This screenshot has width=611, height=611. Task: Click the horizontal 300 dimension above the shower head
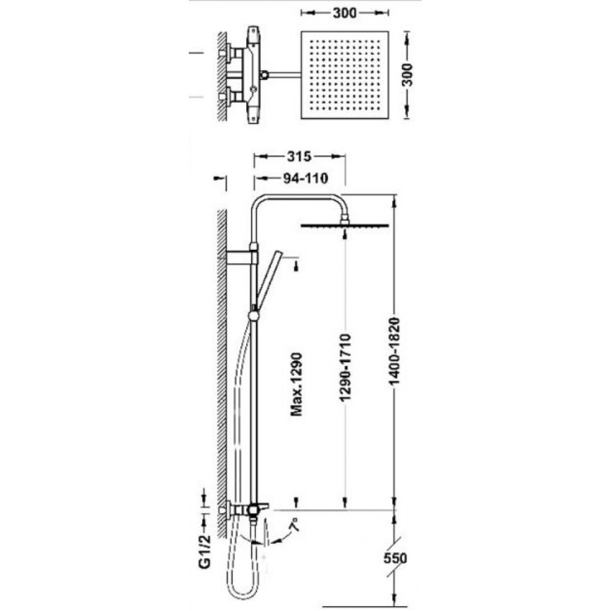[x=345, y=13]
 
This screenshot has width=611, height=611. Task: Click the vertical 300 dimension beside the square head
[x=407, y=75]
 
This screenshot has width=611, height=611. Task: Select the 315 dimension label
[x=299, y=156]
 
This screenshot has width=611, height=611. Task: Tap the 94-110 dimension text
[x=305, y=178]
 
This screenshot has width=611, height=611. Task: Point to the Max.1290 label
[x=297, y=384]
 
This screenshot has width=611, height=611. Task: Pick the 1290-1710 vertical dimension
[x=345, y=367]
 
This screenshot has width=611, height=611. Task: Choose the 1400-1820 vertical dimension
[x=394, y=351]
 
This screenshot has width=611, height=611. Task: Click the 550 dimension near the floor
[x=395, y=558]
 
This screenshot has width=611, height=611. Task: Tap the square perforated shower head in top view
[x=345, y=75]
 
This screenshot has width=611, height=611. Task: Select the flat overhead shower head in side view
[x=345, y=225]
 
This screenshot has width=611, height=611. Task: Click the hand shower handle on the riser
[x=269, y=278]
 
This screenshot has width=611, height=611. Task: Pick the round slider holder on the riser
[x=254, y=315]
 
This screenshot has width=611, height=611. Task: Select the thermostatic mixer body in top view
[x=254, y=75]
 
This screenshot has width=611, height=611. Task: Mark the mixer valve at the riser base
[x=249, y=510]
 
